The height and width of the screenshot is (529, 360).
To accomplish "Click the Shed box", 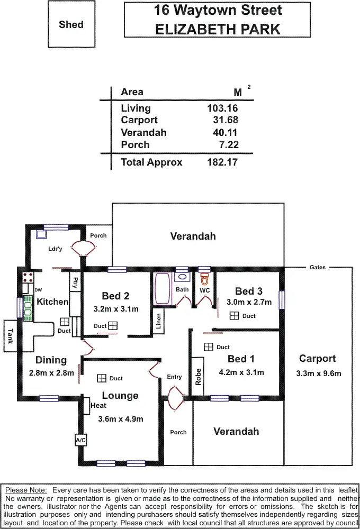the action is pyautogui.click(x=71, y=25).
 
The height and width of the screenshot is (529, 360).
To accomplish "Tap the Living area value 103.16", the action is pyautogui.click(x=222, y=108).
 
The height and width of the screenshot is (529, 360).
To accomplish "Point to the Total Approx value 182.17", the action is pyautogui.click(x=222, y=162).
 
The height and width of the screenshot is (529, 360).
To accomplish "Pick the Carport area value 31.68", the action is pyautogui.click(x=225, y=121).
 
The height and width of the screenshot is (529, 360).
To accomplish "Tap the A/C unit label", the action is pyautogui.click(x=80, y=440).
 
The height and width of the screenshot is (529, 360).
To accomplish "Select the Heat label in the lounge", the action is pyautogui.click(x=98, y=406).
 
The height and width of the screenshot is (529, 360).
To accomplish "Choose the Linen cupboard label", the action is pyautogui.click(x=158, y=322).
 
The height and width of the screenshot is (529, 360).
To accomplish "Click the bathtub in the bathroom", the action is pyautogui.click(x=161, y=288).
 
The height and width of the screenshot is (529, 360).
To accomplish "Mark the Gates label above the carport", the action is pyautogui.click(x=318, y=268).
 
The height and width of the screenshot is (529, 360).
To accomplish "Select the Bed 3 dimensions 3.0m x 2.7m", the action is pyautogui.click(x=249, y=303).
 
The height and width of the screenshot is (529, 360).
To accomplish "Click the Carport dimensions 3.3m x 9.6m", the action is pyautogui.click(x=318, y=373).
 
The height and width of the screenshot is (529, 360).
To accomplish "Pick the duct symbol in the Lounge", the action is pyautogui.click(x=101, y=378).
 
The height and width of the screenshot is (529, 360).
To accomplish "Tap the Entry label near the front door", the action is pyautogui.click(x=174, y=377).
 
